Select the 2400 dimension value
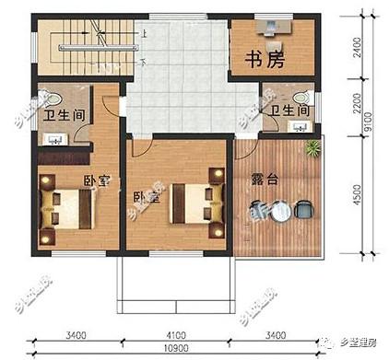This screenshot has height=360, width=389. [358, 46]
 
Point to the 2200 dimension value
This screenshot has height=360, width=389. [358, 110]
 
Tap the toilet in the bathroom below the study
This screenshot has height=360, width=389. [299, 98]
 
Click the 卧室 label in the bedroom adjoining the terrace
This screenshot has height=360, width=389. [146, 196]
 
